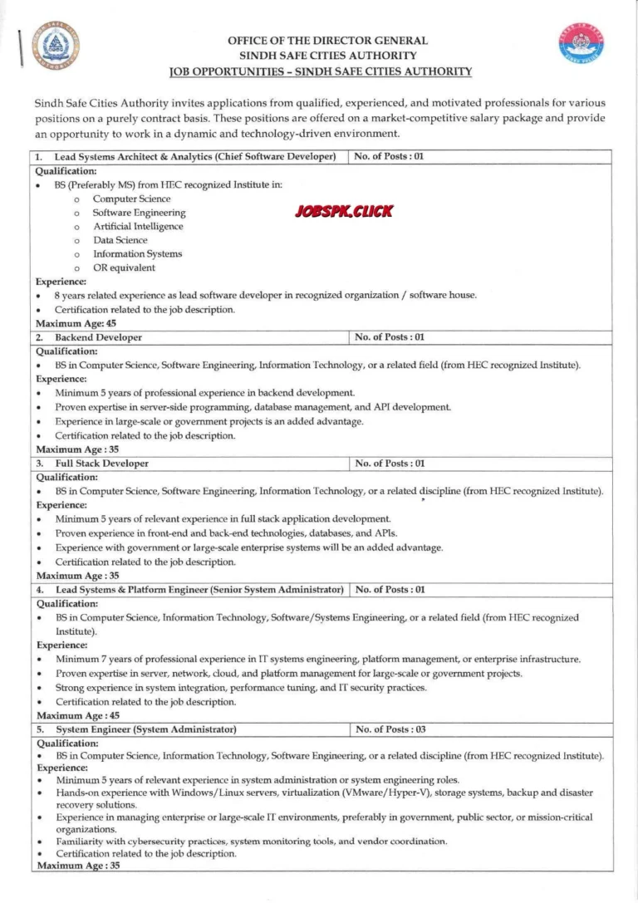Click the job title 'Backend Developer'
point(98,337)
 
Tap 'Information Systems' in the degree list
point(137,253)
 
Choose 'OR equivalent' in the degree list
point(124,267)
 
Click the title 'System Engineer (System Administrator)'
point(145,729)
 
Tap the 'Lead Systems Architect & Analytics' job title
point(194,156)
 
